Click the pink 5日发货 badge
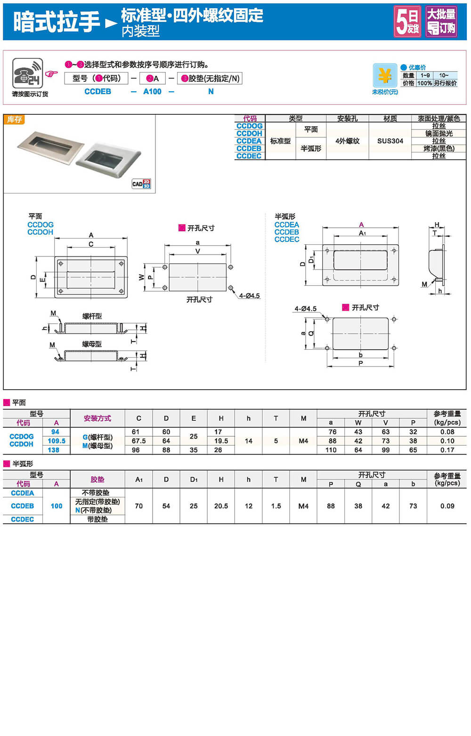click(x=407, y=21)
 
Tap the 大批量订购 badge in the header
click(x=441, y=21)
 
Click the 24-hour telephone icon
click(x=28, y=73)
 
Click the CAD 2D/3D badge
click(x=141, y=184)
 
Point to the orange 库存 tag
click(x=14, y=120)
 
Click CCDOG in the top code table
click(x=249, y=126)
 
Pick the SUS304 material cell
click(x=390, y=141)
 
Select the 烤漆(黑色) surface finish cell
click(x=439, y=148)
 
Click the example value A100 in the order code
click(x=152, y=91)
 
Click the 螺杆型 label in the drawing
click(x=92, y=316)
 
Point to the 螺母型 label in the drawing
click(x=92, y=344)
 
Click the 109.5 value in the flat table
click(x=57, y=441)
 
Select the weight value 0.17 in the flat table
click(x=447, y=450)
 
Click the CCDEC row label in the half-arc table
click(x=22, y=519)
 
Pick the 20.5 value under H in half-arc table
click(x=221, y=506)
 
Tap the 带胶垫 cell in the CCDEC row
click(x=97, y=519)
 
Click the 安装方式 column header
click(x=97, y=418)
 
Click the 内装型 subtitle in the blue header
click(x=140, y=31)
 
